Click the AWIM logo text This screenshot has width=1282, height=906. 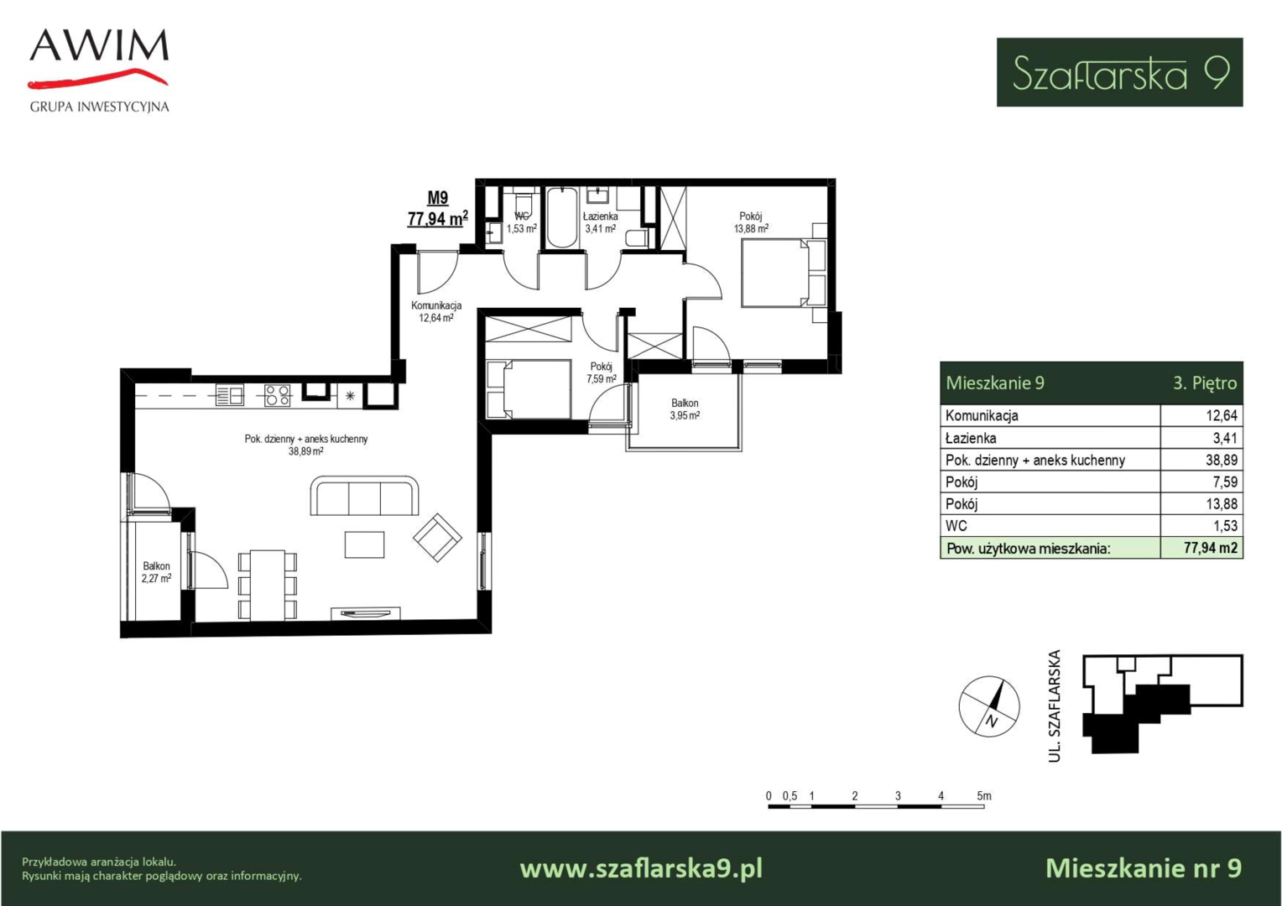click(99, 45)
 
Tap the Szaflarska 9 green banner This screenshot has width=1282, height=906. click(1119, 72)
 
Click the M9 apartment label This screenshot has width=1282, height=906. click(438, 198)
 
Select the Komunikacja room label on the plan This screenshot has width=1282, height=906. click(436, 305)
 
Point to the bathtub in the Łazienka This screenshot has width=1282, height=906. click(561, 217)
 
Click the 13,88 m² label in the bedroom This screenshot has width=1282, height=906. click(751, 228)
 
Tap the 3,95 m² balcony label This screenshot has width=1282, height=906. click(685, 415)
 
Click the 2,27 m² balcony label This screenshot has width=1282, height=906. click(156, 578)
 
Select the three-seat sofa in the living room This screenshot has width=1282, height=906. click(365, 496)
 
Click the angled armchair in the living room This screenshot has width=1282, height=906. click(437, 538)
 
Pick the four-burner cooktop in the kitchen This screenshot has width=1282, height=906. click(277, 395)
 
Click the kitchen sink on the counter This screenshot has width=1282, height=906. click(230, 395)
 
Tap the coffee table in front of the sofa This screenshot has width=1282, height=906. click(365, 544)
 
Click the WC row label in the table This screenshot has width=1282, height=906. click(956, 525)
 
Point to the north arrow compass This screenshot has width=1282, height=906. click(989, 706)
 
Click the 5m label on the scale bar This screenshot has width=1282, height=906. click(984, 795)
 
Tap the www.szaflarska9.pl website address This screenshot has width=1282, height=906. click(641, 869)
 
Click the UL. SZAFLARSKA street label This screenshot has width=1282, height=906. click(1055, 706)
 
